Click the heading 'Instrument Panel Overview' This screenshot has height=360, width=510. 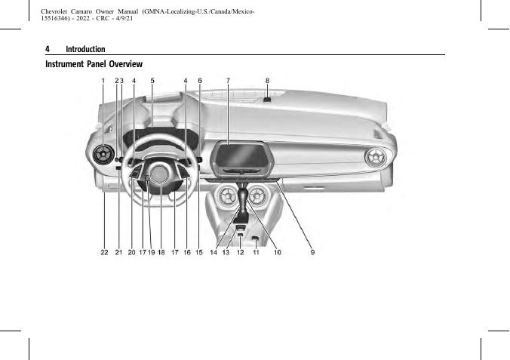point(94,64)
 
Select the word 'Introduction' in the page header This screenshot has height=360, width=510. point(85,49)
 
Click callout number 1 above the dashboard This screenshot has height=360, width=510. point(103,80)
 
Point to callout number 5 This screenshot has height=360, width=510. point(152,80)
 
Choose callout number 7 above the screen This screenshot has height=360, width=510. point(227,80)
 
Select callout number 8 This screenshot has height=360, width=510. point(267,80)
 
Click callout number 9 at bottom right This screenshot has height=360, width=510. point(312,253)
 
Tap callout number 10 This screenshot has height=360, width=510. point(278,253)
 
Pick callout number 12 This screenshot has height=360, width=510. point(240,253)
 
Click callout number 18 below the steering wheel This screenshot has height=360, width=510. point(161,253)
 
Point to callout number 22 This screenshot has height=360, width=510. point(104,253)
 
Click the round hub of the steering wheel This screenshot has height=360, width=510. point(159,175)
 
